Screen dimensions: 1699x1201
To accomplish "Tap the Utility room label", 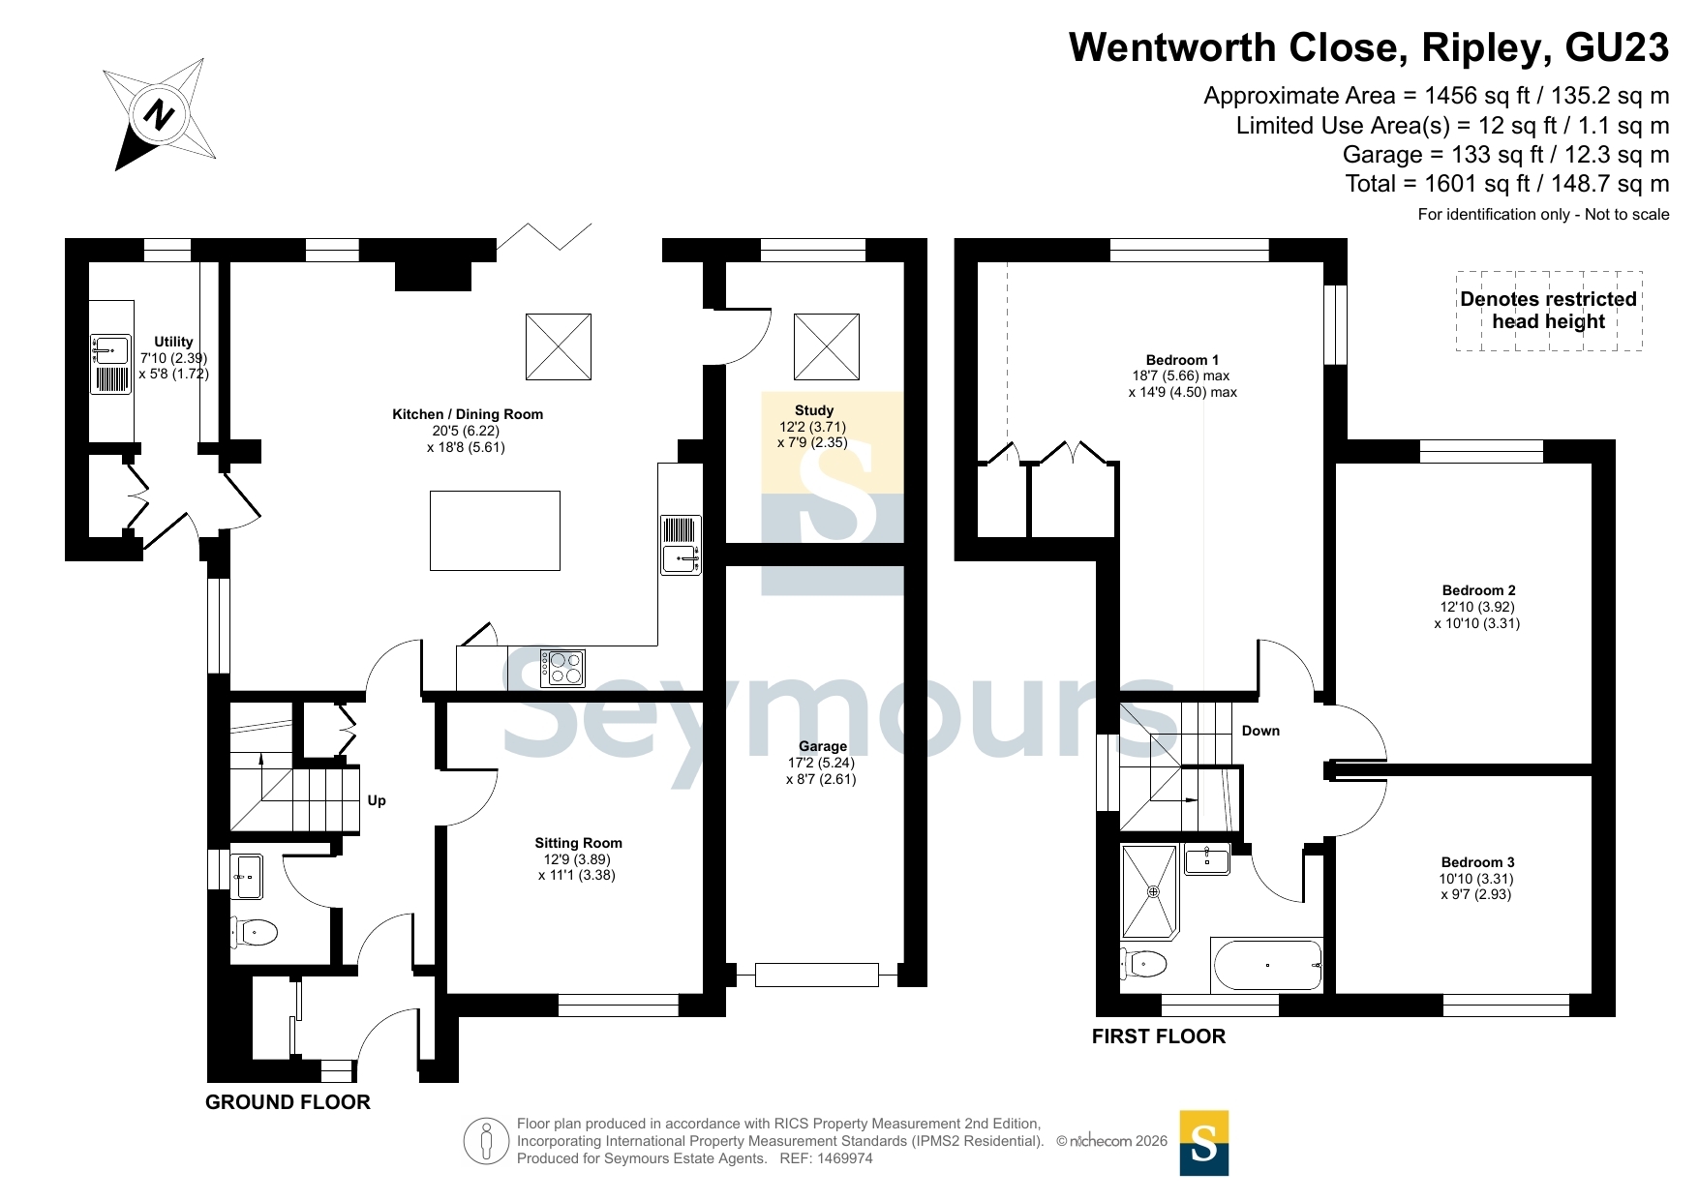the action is pyautogui.click(x=173, y=342).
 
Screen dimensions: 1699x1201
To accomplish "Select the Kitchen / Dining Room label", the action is pyautogui.click(x=468, y=414).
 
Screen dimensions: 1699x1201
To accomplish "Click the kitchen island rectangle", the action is pyautogui.click(x=495, y=530).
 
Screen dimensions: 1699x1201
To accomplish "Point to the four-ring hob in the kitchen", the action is pyautogui.click(x=563, y=668).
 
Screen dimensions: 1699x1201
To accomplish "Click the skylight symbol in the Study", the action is pyautogui.click(x=827, y=346).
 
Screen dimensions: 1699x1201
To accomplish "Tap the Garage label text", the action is pyautogui.click(x=823, y=746).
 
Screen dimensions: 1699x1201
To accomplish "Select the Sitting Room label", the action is pyautogui.click(x=579, y=843).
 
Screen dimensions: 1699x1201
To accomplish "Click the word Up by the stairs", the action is pyautogui.click(x=377, y=800).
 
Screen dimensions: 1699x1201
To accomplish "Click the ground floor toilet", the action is pyautogui.click(x=254, y=933).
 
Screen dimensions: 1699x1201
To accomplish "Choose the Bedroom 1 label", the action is pyautogui.click(x=1183, y=360).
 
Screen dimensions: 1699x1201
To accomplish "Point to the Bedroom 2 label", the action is pyautogui.click(x=1479, y=590).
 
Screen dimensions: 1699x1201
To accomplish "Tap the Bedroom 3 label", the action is pyautogui.click(x=1478, y=862).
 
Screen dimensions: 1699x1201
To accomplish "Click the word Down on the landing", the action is pyautogui.click(x=1260, y=731).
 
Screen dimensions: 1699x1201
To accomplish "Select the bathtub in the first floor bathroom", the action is pyautogui.click(x=1266, y=964).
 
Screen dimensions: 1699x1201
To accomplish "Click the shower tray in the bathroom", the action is pyautogui.click(x=1150, y=892).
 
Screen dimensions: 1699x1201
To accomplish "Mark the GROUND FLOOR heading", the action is pyautogui.click(x=288, y=1102).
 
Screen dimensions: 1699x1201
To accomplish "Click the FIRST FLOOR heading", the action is pyautogui.click(x=1159, y=1036).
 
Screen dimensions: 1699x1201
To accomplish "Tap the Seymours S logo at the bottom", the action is pyautogui.click(x=1204, y=1143).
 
